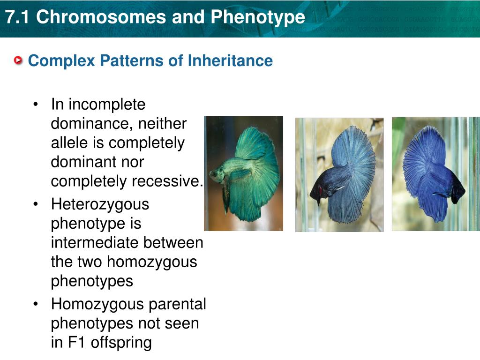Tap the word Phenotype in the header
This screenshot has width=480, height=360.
tap(258, 17)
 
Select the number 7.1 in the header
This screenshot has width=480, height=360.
tap(17, 16)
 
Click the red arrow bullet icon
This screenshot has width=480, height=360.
tap(18, 60)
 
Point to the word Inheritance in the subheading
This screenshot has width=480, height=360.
tap(230, 60)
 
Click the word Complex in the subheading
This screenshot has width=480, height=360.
tap(61, 61)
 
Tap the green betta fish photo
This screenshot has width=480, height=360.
tap(243, 173)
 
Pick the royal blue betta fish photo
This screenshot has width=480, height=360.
tap(436, 174)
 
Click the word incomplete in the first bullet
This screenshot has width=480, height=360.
tap(107, 105)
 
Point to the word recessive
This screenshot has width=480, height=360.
tap(165, 180)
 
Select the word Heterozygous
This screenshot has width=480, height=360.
tap(100, 205)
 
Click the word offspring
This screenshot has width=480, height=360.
tap(121, 343)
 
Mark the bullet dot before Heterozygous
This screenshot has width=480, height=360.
tap(36, 204)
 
